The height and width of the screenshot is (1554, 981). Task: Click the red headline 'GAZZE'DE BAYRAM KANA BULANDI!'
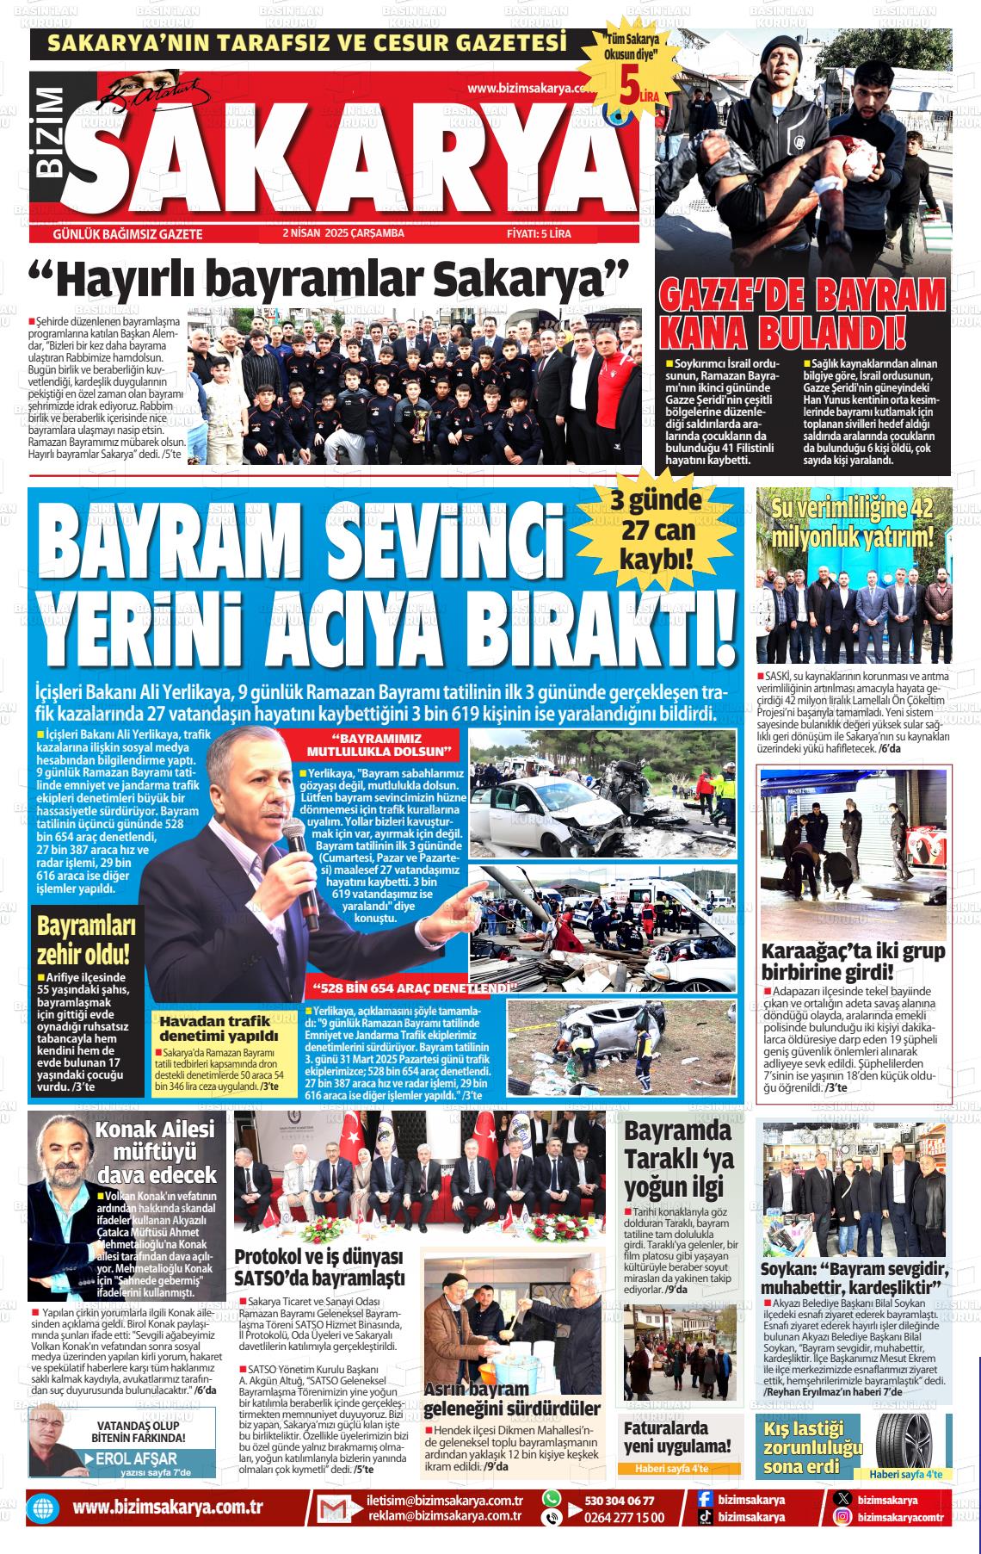coord(802,313)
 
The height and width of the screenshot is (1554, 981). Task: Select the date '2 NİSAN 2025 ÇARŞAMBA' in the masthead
coord(342,233)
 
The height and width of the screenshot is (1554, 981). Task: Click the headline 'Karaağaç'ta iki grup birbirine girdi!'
coord(853,962)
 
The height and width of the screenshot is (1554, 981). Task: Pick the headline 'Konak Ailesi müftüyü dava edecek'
coord(156,1151)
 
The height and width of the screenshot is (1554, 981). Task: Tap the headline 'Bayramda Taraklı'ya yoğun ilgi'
coord(679,1160)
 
